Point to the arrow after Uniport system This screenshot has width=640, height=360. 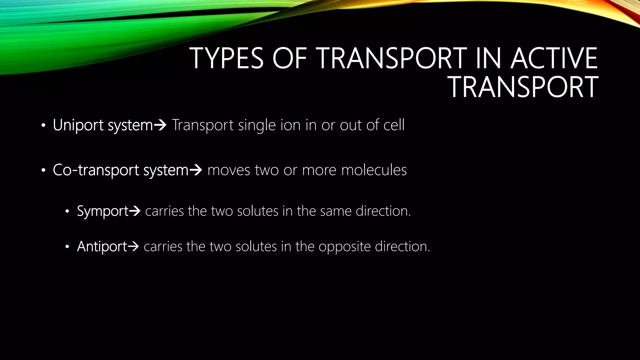[160, 125]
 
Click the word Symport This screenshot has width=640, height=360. [102, 211]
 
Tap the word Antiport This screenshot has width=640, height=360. [102, 247]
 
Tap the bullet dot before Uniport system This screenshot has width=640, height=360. [43, 126]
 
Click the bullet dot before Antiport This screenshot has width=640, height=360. [67, 247]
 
